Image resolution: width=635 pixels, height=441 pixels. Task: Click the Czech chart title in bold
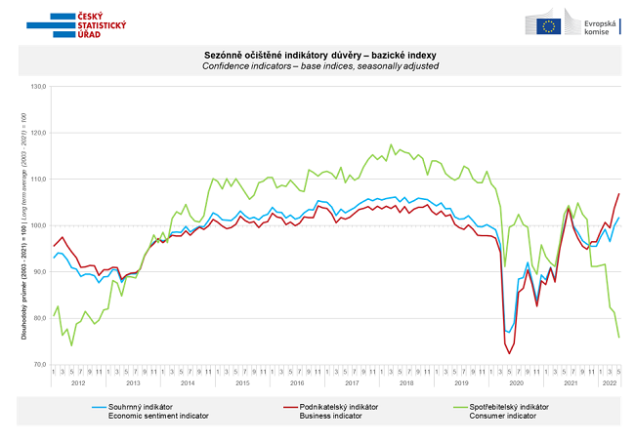[320, 55]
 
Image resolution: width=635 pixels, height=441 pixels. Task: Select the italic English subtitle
[320, 65]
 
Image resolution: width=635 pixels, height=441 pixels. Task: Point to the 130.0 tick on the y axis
[38, 87]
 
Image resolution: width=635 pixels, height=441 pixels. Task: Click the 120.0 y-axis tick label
[38, 133]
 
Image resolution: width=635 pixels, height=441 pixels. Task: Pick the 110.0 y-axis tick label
[38, 180]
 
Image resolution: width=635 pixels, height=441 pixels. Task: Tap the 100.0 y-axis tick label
[38, 225]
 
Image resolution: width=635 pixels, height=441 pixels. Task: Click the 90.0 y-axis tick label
[38, 272]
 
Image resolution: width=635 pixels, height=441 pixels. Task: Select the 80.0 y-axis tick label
[38, 318]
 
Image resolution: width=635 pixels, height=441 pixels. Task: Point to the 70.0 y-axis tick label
[38, 364]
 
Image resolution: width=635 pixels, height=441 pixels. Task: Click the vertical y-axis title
[22, 226]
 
